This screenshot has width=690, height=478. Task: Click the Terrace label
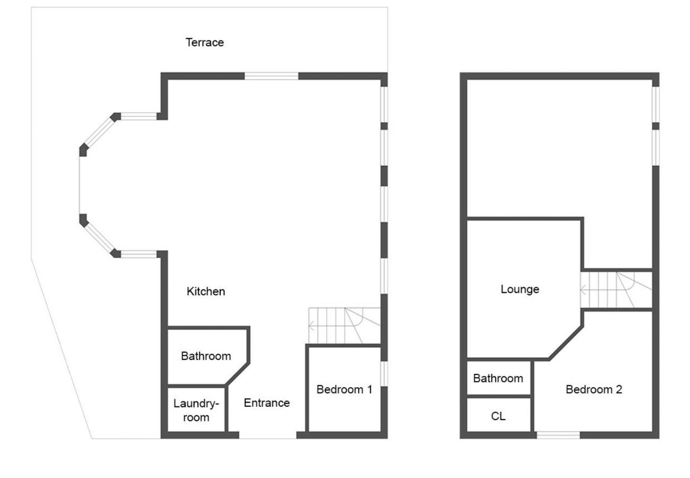tap(204, 42)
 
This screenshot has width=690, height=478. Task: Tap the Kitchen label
tap(206, 291)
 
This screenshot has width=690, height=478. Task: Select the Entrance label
tap(266, 403)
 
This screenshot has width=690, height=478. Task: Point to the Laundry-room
tap(196, 409)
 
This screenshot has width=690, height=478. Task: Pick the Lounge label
tap(520, 289)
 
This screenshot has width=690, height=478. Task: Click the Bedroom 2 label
tap(593, 389)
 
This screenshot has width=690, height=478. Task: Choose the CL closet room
tap(498, 416)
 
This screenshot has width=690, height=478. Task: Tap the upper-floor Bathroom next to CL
tap(498, 378)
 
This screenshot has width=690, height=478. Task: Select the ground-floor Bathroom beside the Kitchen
tap(206, 356)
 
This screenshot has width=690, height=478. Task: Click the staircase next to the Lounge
tap(616, 290)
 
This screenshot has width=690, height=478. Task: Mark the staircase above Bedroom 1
tap(344, 326)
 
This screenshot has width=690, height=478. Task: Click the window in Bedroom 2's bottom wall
tap(558, 435)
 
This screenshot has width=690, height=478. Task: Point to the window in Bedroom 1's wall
tap(384, 373)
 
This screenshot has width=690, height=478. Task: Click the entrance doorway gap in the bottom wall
tap(268, 435)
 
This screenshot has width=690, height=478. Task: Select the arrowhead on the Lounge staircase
tap(583, 291)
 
